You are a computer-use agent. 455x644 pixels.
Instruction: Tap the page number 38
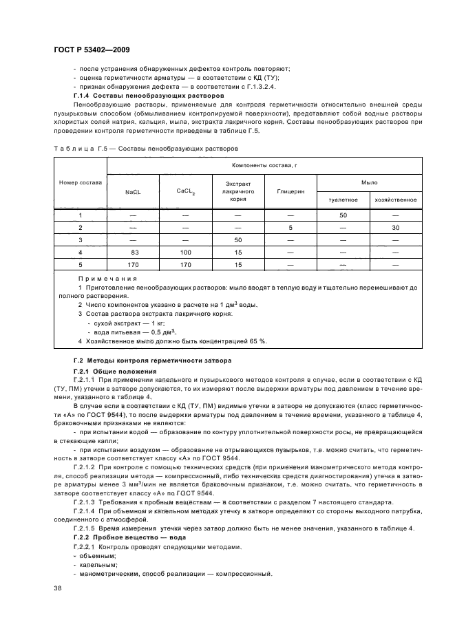tap(58, 588)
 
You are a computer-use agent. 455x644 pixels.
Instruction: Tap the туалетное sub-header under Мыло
tap(343, 200)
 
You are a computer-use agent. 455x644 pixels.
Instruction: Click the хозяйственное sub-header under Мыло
tap(395, 200)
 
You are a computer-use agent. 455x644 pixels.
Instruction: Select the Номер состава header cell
tap(80, 182)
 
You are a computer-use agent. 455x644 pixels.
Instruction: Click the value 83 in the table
tap(132, 252)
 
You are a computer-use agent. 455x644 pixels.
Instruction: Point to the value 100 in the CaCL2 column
tap(185, 252)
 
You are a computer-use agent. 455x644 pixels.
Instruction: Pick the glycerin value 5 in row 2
tap(290, 227)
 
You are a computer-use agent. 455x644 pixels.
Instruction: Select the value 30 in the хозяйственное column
tap(395, 227)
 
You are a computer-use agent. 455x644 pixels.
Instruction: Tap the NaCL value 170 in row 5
tap(132, 264)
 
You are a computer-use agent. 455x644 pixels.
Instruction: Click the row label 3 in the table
tap(80, 239)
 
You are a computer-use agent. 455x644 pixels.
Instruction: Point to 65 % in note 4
tap(259, 341)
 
